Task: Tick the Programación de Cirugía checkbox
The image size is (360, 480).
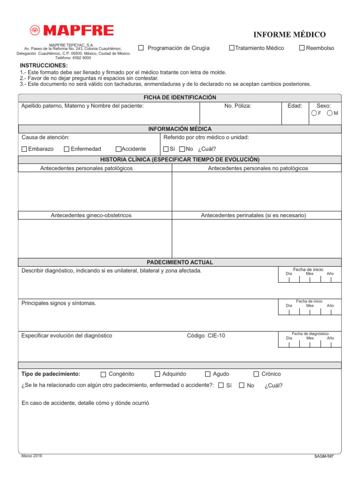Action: tap(141, 48)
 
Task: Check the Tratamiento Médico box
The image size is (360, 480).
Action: tap(232, 48)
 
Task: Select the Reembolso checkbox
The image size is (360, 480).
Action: tap(302, 48)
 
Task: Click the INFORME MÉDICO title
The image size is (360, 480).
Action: tap(289, 35)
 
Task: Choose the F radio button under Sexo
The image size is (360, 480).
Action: tap(314, 113)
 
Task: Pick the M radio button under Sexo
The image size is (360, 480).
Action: tap(330, 113)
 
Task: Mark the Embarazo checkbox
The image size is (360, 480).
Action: tap(24, 149)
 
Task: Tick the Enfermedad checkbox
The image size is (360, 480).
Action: tap(67, 149)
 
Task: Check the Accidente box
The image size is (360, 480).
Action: tap(118, 149)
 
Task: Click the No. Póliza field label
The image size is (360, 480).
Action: tap(238, 106)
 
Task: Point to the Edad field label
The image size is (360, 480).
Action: tap(295, 106)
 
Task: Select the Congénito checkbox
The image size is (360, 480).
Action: tap(104, 374)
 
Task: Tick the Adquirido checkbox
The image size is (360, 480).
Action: tap(157, 374)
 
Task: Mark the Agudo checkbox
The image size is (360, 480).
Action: tap(208, 374)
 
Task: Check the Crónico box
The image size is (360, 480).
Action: tap(256, 374)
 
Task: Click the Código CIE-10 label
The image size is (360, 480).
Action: tap(206, 336)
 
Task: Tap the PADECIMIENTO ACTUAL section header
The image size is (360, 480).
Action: tap(180, 262)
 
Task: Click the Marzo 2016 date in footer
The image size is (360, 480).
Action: tap(31, 456)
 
